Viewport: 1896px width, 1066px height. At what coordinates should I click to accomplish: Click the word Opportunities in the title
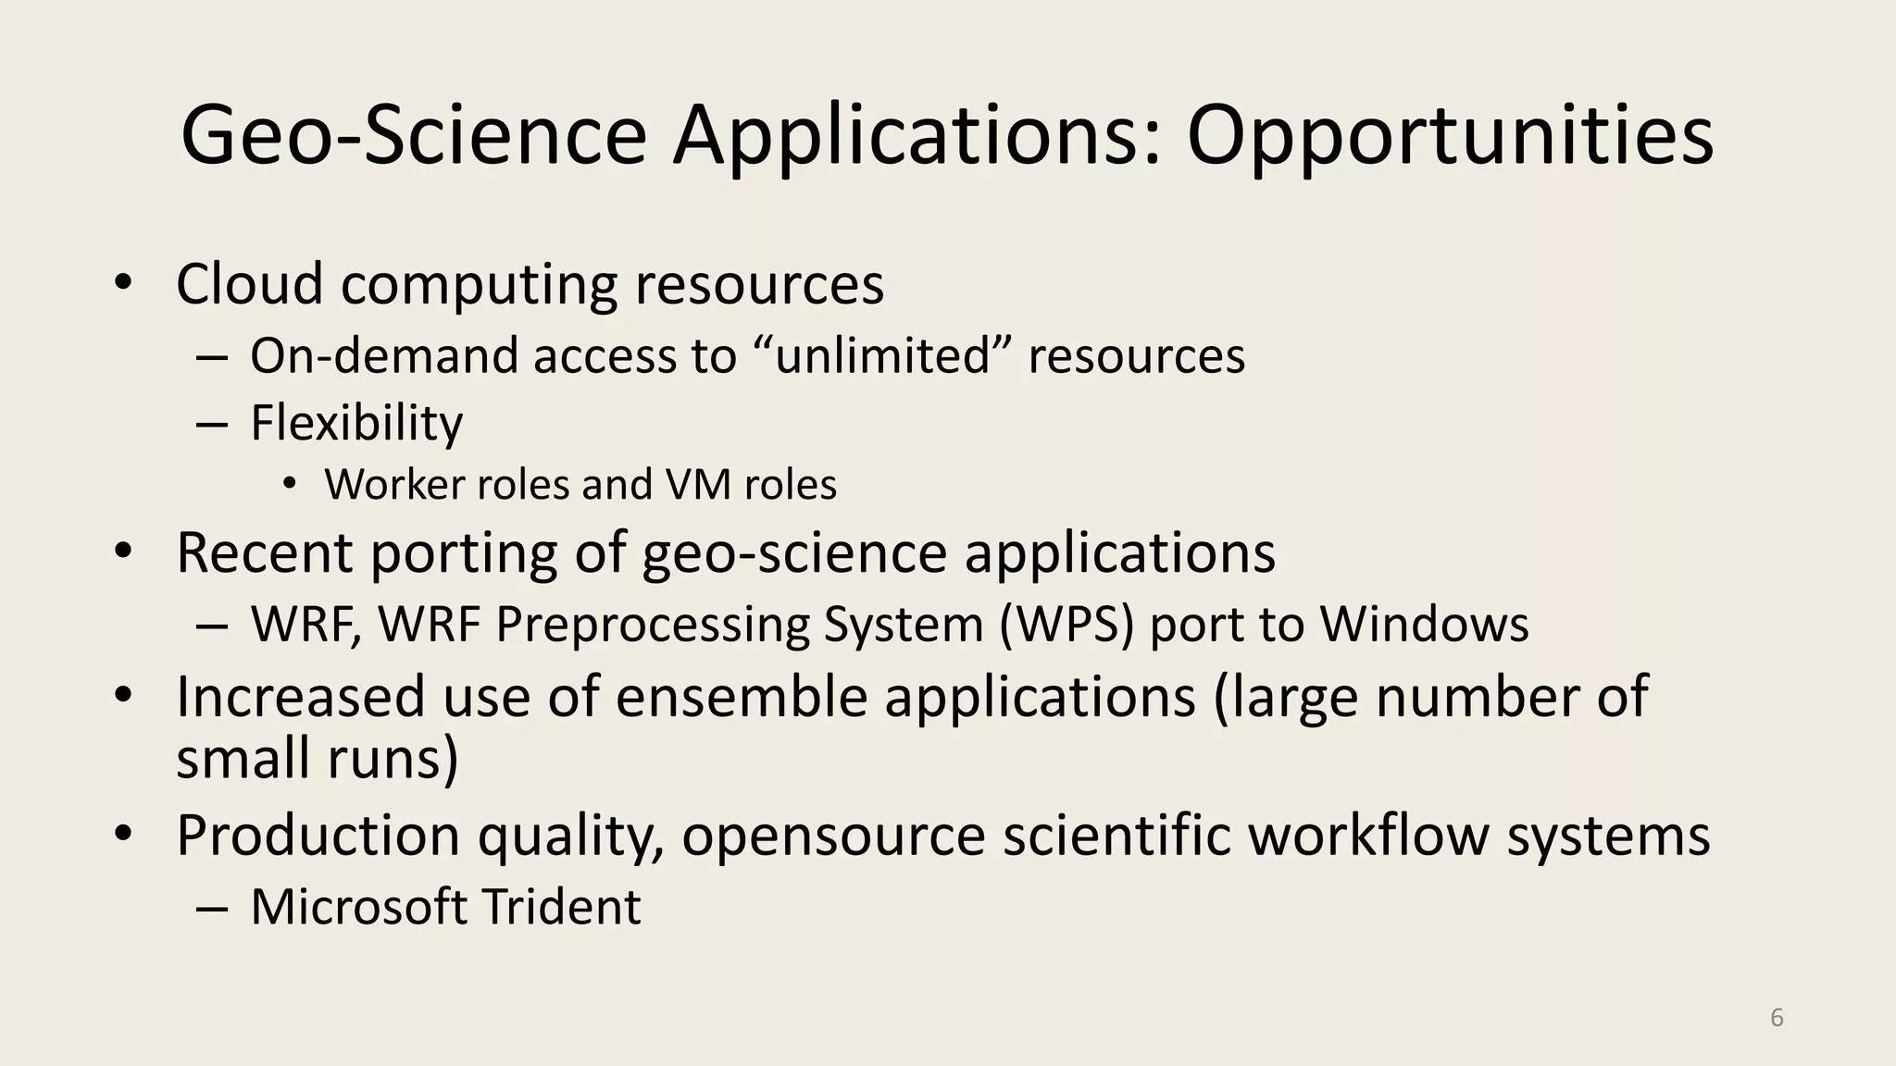(1450, 137)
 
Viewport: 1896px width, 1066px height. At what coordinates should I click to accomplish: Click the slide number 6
(1777, 1017)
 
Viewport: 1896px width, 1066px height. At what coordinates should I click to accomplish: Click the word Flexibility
(356, 424)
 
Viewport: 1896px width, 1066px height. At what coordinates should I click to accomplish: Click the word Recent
(264, 553)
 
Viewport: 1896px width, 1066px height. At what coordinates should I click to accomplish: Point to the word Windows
(1424, 624)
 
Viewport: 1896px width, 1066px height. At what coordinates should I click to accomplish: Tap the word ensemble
(741, 696)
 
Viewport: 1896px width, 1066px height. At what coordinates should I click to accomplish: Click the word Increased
(300, 696)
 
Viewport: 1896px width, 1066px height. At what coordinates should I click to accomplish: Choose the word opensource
(833, 835)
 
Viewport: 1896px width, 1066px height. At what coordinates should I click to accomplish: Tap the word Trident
(561, 906)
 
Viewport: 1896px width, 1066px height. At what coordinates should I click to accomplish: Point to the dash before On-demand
(212, 357)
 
